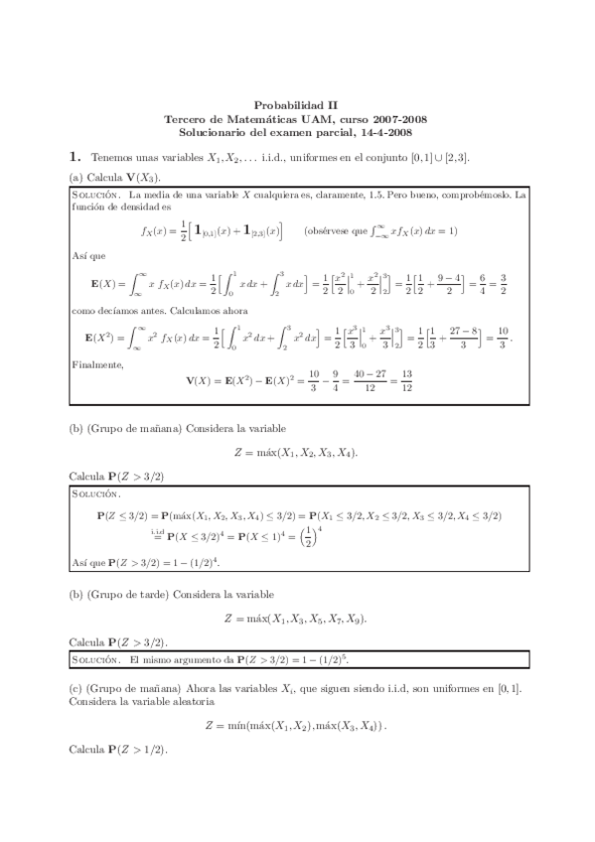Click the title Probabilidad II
297,102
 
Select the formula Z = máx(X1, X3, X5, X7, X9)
296,619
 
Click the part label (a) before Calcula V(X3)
76,176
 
